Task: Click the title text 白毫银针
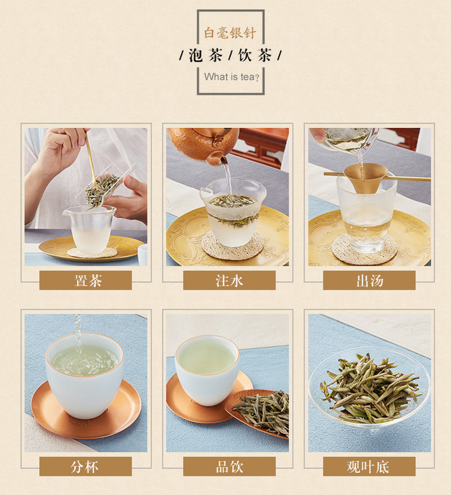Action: pos(230,33)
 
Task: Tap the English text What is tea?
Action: pos(232,77)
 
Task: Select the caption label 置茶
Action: pos(88,281)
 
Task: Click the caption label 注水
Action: pos(229,281)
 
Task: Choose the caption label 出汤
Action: pos(369,281)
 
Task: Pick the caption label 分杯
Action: pos(84,467)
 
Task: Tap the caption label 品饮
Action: pos(229,467)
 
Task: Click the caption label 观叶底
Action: pos(368,467)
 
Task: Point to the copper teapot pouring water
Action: pos(203,144)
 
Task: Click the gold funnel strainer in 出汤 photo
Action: pos(365,177)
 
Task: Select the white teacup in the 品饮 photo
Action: pos(207,370)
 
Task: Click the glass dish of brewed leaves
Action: pos(369,387)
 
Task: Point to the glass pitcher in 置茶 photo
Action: pos(90,228)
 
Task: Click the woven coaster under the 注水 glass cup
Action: pos(233,247)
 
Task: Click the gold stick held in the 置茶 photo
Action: pos(91,161)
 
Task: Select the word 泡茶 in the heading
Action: pos(206,56)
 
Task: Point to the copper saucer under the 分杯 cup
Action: pos(86,410)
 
